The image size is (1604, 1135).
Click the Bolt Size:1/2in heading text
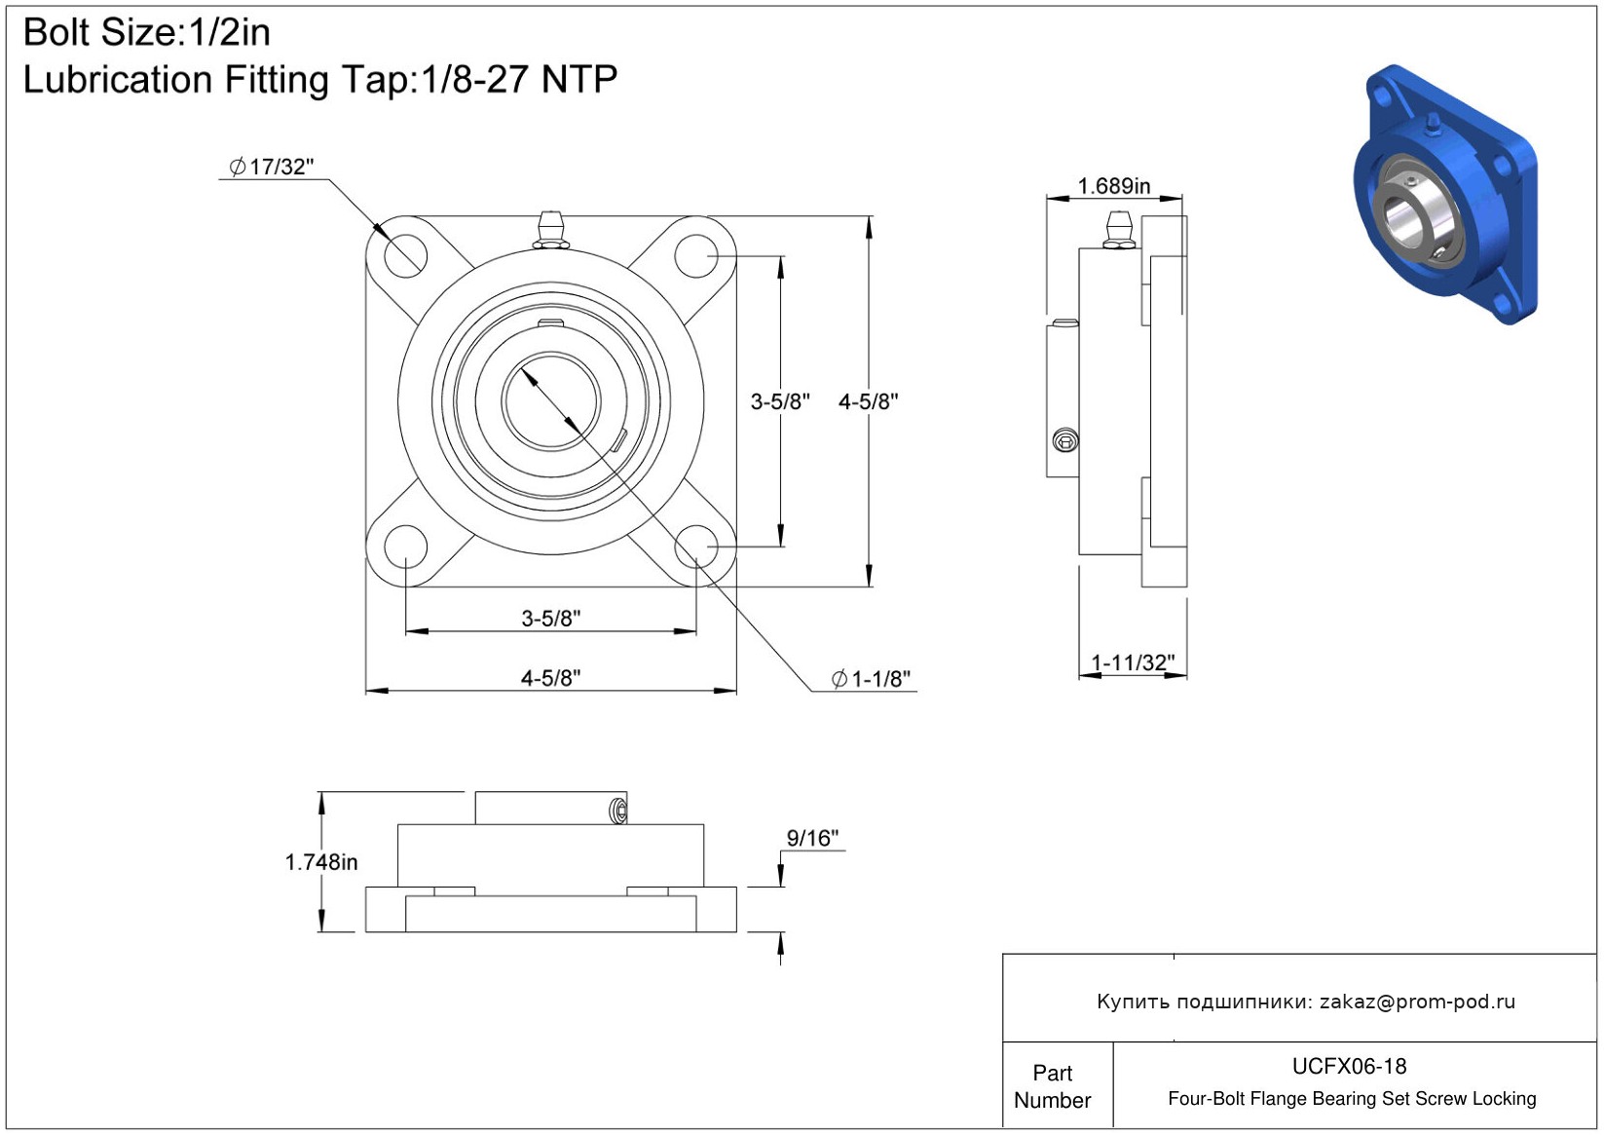[146, 33]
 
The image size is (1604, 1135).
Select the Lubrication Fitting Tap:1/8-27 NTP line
[319, 80]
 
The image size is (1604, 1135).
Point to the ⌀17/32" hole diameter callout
[272, 167]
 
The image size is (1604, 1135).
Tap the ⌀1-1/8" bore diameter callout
[872, 679]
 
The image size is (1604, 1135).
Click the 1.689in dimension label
[1113, 185]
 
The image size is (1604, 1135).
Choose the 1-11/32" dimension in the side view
[1133, 662]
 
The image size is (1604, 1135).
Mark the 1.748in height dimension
[320, 862]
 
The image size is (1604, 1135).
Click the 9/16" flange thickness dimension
[812, 838]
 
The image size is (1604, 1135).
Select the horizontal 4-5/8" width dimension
[550, 677]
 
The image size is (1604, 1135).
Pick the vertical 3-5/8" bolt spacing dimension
[779, 401]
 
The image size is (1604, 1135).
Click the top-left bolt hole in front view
[405, 256]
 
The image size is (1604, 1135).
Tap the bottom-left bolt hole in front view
[405, 547]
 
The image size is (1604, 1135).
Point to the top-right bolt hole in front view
[696, 256]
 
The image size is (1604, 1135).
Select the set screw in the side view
[1065, 441]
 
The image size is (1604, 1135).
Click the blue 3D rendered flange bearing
[1444, 195]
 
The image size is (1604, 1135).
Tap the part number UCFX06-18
[1349, 1066]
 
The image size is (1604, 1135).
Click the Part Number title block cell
[1052, 1086]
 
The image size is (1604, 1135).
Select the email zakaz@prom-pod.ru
[1417, 1002]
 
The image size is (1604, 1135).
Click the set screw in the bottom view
[617, 811]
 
